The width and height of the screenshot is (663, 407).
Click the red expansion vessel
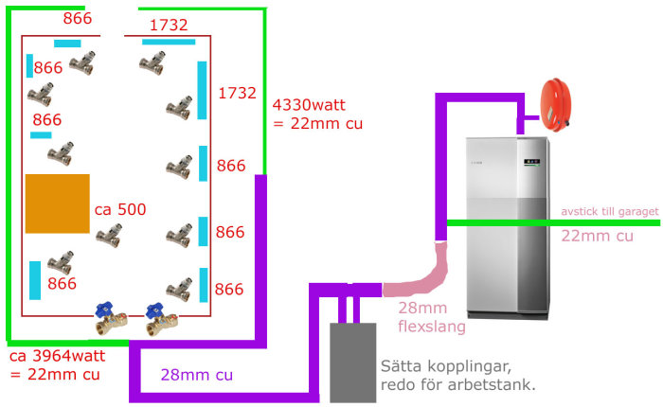click(555, 104)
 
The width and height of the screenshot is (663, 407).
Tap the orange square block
click(58, 203)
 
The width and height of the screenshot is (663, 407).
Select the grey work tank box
click(352, 363)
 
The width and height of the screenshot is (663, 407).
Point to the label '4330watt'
click(309, 104)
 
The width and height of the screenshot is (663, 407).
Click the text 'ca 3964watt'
click(57, 356)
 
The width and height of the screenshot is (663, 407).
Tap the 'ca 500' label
click(120, 209)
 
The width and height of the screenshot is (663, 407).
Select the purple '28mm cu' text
click(197, 375)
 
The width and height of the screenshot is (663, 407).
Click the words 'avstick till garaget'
click(610, 211)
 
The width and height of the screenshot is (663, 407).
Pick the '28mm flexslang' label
click(432, 317)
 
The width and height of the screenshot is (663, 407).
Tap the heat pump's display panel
click(531, 162)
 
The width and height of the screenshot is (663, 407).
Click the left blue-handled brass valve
click(110, 318)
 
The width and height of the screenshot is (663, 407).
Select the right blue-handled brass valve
click(161, 318)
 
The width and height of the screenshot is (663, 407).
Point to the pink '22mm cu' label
click(597, 236)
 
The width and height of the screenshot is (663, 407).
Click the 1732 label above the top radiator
click(169, 25)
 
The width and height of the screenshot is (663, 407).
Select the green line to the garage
click(553, 222)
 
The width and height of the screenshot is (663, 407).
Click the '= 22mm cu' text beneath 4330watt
click(318, 123)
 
